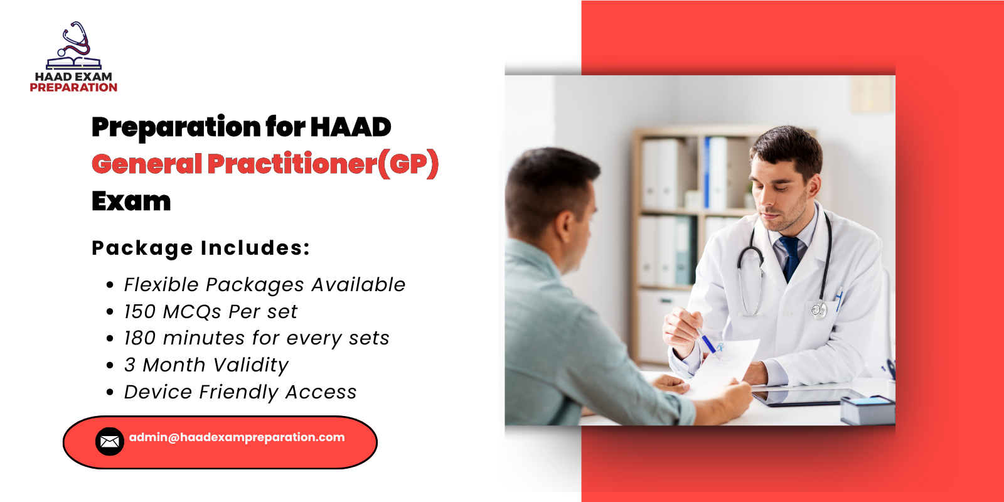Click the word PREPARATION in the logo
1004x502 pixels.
point(73,88)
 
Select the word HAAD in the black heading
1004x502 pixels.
point(350,127)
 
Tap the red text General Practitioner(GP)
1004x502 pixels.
point(265,164)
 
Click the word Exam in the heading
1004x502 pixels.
point(131,201)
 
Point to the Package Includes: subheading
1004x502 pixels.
point(201,248)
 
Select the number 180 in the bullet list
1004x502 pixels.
point(139,338)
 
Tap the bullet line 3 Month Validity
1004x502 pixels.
point(206,365)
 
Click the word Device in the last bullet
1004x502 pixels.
point(158,392)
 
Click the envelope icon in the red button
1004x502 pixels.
point(109,442)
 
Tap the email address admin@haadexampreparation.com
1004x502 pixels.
point(237,437)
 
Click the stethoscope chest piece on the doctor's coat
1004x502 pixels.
point(818,309)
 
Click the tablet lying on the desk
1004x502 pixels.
point(806,397)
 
